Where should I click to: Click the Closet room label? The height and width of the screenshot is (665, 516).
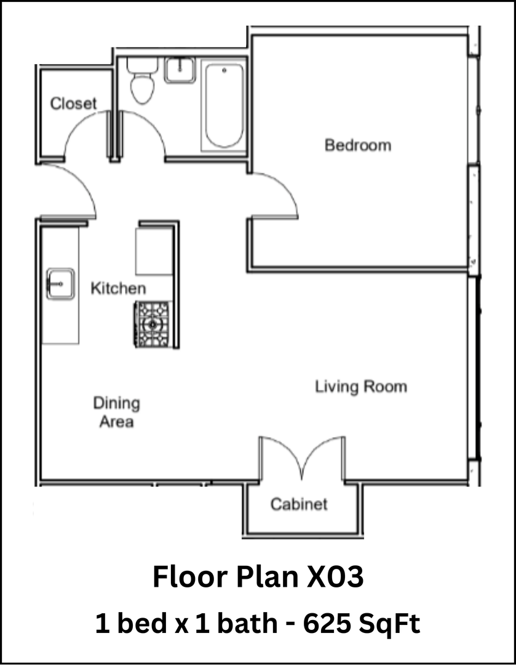click(73, 103)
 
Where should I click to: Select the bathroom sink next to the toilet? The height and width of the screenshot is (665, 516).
click(180, 69)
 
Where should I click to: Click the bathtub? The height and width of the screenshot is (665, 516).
click(224, 106)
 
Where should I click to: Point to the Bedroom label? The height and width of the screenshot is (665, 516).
click(357, 145)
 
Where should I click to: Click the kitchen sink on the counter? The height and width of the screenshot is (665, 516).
click(60, 284)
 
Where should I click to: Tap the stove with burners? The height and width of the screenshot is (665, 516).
click(153, 324)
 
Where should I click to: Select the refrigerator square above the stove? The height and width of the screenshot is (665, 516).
click(154, 251)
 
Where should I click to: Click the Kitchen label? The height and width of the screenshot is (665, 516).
click(119, 288)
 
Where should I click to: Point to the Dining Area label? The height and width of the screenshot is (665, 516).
click(116, 413)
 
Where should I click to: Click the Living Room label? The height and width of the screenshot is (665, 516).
click(361, 387)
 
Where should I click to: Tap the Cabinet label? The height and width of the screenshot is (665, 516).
click(299, 504)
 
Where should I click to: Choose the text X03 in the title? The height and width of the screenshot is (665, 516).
click(334, 578)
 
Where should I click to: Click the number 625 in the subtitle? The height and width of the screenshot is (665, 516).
click(327, 624)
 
